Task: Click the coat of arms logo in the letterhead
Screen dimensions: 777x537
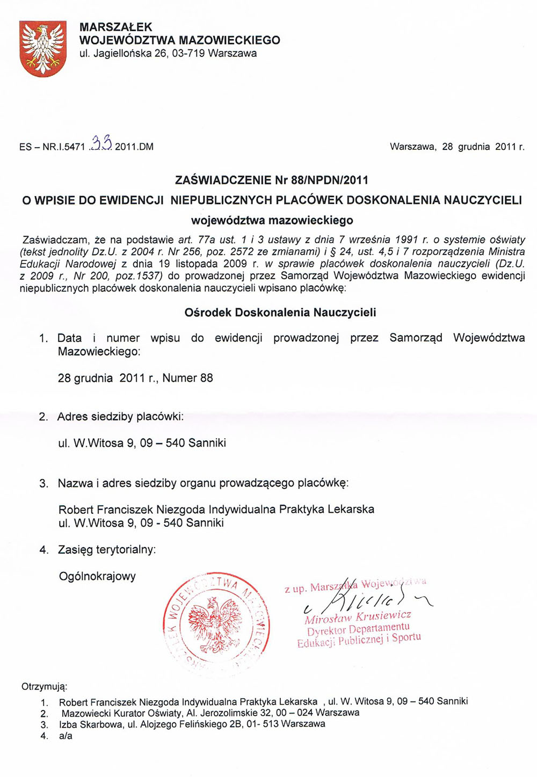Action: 42,48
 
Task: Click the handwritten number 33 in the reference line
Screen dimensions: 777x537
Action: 101,143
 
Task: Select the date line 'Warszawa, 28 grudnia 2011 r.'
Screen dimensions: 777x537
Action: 457,147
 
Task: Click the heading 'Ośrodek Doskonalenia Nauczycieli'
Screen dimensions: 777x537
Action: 280,312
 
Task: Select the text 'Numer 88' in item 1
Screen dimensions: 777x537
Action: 187,378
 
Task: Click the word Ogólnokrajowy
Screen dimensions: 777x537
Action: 97,576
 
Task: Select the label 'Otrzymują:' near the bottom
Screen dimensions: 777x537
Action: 45,686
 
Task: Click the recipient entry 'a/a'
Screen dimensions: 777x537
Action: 66,736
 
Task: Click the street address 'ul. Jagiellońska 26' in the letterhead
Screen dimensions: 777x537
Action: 124,54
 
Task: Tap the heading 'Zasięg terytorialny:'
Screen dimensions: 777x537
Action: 107,550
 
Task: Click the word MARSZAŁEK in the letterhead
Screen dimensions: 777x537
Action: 115,27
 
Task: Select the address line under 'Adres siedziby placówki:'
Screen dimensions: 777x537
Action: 142,443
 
